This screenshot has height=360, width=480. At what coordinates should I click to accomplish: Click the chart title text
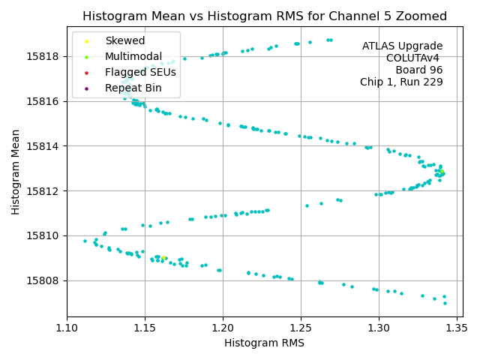[x=265, y=16]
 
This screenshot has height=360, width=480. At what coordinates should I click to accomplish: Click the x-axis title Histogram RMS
[x=265, y=343]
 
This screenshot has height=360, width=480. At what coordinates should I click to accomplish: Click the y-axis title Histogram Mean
[x=16, y=172]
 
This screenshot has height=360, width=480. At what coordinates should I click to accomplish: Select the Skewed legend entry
[x=125, y=41]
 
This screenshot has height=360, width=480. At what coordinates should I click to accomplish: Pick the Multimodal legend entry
[x=133, y=57]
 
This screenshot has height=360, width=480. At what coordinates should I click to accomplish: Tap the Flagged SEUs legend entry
[x=140, y=73]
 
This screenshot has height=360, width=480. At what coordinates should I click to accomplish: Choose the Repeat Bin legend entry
[x=133, y=88]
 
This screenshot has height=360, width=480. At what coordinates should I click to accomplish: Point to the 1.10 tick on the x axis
[x=67, y=328]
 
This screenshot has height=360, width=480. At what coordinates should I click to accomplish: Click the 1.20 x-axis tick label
[x=223, y=328]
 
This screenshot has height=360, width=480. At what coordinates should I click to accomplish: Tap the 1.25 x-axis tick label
[x=301, y=328]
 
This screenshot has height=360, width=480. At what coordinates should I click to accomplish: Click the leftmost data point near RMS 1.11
[x=85, y=241]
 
